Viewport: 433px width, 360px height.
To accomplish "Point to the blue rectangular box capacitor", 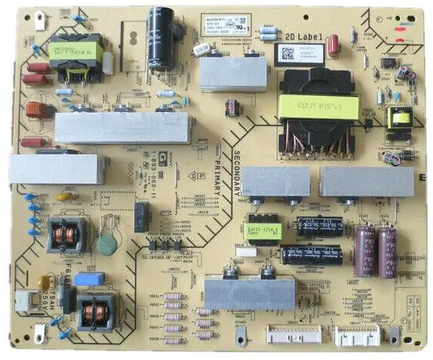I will click(89, 279).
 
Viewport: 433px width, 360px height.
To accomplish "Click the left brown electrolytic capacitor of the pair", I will click(365, 251).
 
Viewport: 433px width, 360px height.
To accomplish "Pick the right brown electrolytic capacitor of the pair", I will click(387, 251).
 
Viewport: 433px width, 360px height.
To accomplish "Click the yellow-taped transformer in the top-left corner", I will click(74, 54).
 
